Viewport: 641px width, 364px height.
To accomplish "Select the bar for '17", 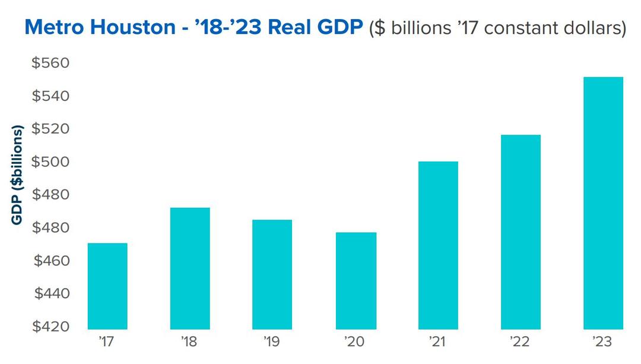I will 107,286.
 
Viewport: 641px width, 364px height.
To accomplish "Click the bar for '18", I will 190,268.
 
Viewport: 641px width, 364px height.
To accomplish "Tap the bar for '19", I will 272,274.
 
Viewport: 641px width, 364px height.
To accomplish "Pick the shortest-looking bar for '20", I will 356,280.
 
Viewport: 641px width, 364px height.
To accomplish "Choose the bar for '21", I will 438,245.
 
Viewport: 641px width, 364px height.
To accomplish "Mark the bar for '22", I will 521,232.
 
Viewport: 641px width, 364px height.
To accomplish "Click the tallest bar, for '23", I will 603,203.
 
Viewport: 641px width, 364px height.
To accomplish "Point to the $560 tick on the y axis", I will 50,63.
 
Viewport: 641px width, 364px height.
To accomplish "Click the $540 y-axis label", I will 50,96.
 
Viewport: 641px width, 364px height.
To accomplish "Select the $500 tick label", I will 50,162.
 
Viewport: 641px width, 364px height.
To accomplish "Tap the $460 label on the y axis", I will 50,261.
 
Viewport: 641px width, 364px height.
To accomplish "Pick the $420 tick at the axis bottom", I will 50,327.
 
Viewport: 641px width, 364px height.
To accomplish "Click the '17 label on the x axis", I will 107,343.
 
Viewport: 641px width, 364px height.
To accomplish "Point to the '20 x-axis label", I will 356,343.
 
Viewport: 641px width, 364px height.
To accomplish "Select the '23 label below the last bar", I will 603,343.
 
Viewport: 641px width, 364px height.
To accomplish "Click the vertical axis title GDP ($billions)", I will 17,175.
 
